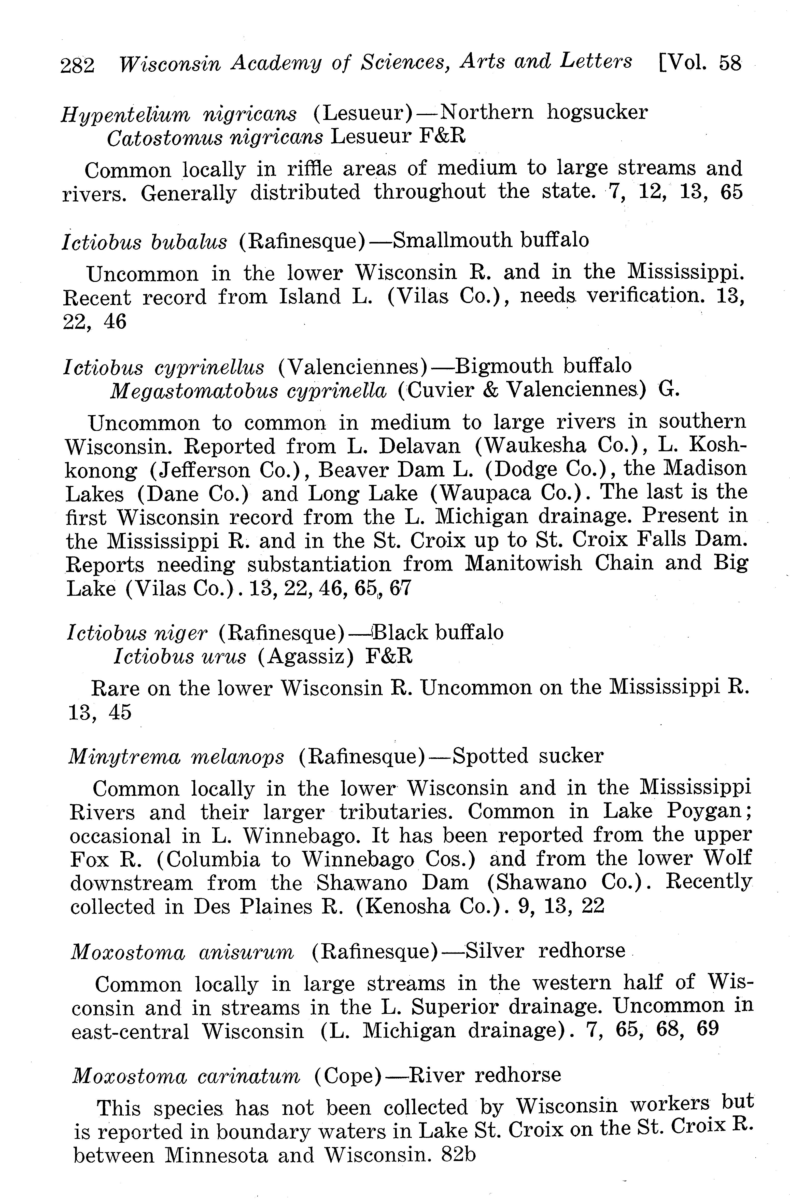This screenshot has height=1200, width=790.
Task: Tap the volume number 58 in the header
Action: click(x=730, y=63)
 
